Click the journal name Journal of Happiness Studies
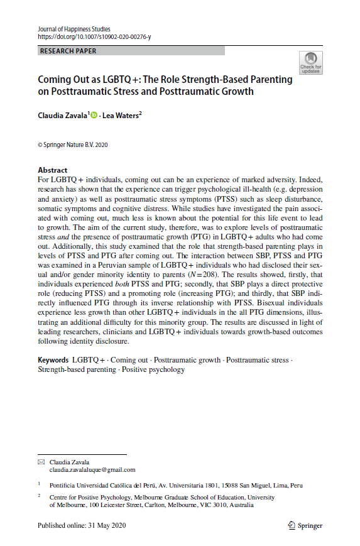click(x=74, y=28)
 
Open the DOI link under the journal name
click(x=94, y=36)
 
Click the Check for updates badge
click(x=310, y=63)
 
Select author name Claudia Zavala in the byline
click(x=62, y=116)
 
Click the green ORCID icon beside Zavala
click(x=94, y=116)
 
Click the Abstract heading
click(x=52, y=170)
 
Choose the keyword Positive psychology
click(x=154, y=369)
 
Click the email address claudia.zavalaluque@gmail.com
click(x=92, y=469)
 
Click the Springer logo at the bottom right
click(x=305, y=525)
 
